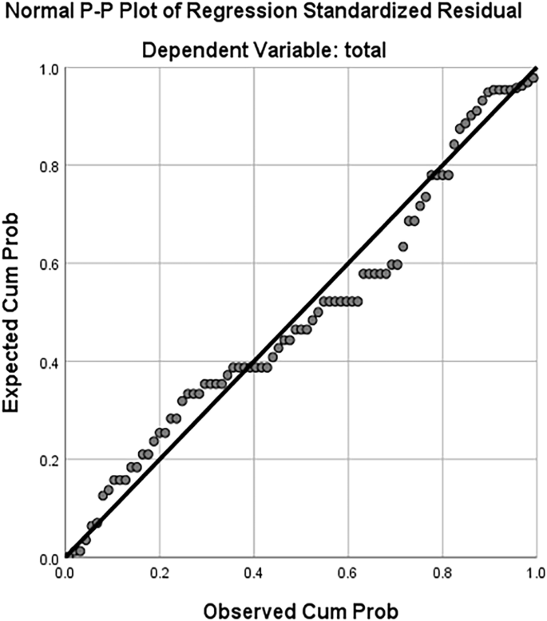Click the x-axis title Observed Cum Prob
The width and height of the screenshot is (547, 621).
(299, 611)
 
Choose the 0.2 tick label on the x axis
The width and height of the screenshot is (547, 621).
(160, 573)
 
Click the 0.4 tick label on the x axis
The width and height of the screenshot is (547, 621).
(254, 573)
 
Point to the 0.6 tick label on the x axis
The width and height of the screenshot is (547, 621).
(348, 573)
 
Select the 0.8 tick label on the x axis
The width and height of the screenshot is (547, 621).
(442, 573)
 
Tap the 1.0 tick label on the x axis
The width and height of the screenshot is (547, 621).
(536, 573)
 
